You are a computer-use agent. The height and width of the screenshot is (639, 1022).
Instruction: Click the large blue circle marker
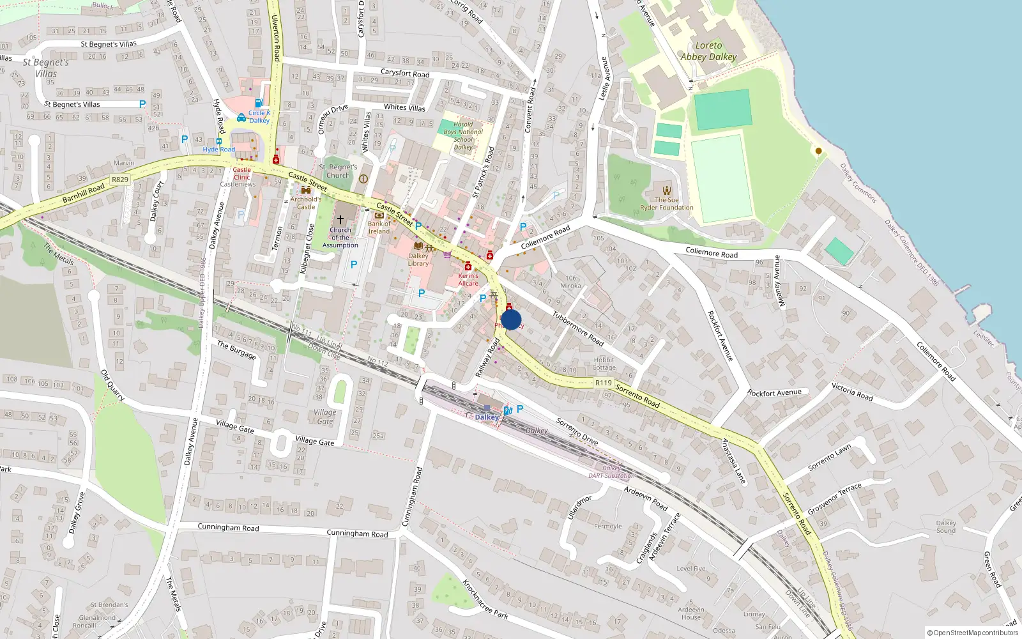tap(511, 319)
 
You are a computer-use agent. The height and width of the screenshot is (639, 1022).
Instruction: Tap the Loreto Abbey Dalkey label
tap(708, 51)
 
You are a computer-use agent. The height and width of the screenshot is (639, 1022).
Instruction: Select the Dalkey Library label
tap(418, 259)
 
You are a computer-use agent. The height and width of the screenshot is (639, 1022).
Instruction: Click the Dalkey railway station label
tap(487, 417)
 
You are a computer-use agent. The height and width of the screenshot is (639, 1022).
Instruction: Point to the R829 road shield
tap(120, 180)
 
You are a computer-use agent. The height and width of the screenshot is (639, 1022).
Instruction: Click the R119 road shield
tap(603, 383)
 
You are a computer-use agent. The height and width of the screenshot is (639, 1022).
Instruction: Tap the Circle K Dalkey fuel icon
tap(259, 103)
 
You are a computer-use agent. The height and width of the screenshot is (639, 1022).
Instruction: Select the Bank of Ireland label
tap(379, 227)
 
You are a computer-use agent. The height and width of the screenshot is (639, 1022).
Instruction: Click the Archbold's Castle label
tap(306, 203)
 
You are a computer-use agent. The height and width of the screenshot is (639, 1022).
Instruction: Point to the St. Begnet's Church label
tap(338, 171)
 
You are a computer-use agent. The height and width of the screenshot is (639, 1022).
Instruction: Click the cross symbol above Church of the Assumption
tap(340, 219)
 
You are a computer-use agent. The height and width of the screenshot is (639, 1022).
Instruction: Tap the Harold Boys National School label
tap(464, 135)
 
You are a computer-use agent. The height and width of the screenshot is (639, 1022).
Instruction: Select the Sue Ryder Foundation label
tap(667, 203)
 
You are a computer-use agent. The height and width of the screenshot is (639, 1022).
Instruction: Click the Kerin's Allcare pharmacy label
tap(468, 279)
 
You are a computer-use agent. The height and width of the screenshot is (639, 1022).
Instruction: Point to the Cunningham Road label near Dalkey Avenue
tap(228, 527)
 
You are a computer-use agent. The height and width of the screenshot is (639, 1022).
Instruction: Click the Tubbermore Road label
tap(578, 328)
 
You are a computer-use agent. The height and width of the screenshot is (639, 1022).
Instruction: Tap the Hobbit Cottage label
tap(604, 364)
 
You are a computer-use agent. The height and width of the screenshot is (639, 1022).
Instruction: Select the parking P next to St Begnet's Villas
tap(142, 104)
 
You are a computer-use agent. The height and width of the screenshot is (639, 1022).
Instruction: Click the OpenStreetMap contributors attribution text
tap(972, 633)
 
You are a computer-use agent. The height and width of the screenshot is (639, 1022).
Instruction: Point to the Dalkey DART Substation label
tap(611, 472)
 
